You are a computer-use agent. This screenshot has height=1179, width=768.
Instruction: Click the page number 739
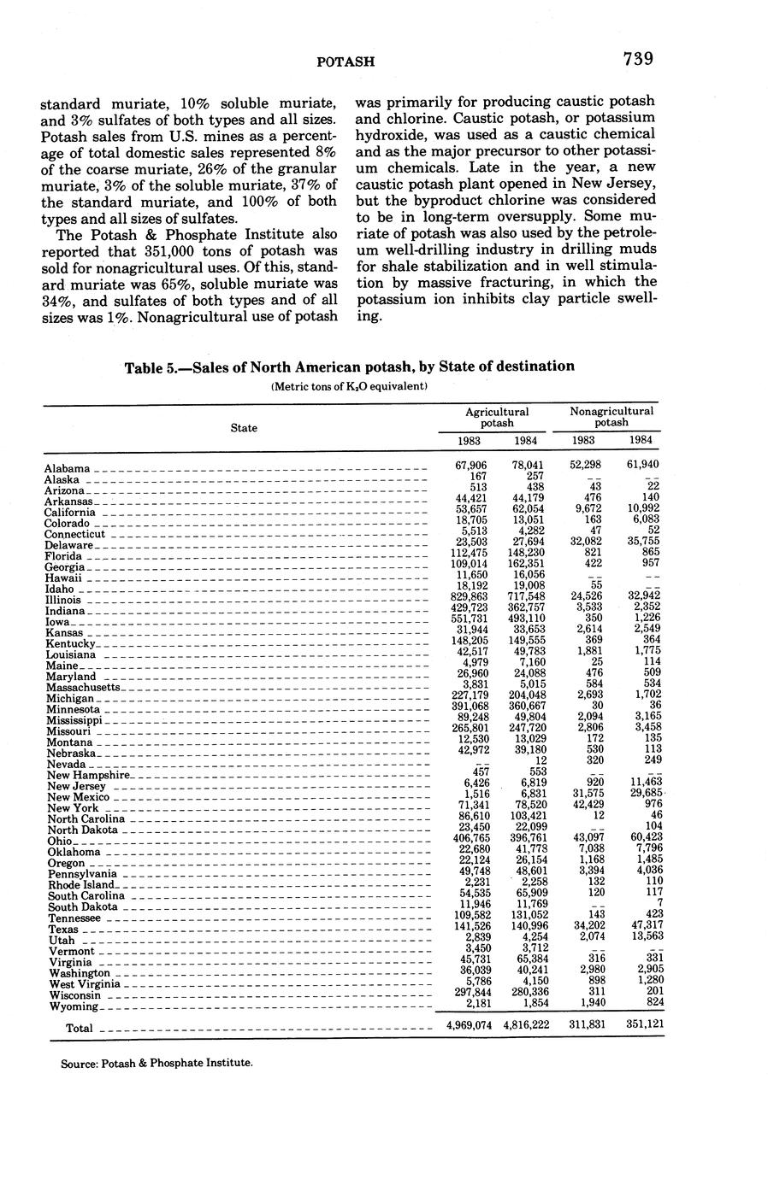[638, 59]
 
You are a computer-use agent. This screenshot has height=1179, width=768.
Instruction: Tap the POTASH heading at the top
[346, 62]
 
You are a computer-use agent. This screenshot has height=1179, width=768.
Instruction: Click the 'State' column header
[244, 427]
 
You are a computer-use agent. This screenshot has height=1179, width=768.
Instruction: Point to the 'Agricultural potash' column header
[497, 417]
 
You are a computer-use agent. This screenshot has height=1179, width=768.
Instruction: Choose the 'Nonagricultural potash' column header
[611, 417]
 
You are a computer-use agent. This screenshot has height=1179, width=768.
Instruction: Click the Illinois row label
[64, 600]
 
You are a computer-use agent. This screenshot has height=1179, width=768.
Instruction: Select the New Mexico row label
[78, 797]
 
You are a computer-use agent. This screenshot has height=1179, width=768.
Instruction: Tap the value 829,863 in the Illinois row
[469, 595]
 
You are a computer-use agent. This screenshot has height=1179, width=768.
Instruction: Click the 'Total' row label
[79, 1029]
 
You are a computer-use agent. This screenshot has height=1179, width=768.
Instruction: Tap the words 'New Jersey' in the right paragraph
[620, 184]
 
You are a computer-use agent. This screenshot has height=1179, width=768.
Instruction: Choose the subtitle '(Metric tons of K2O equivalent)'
[349, 386]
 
